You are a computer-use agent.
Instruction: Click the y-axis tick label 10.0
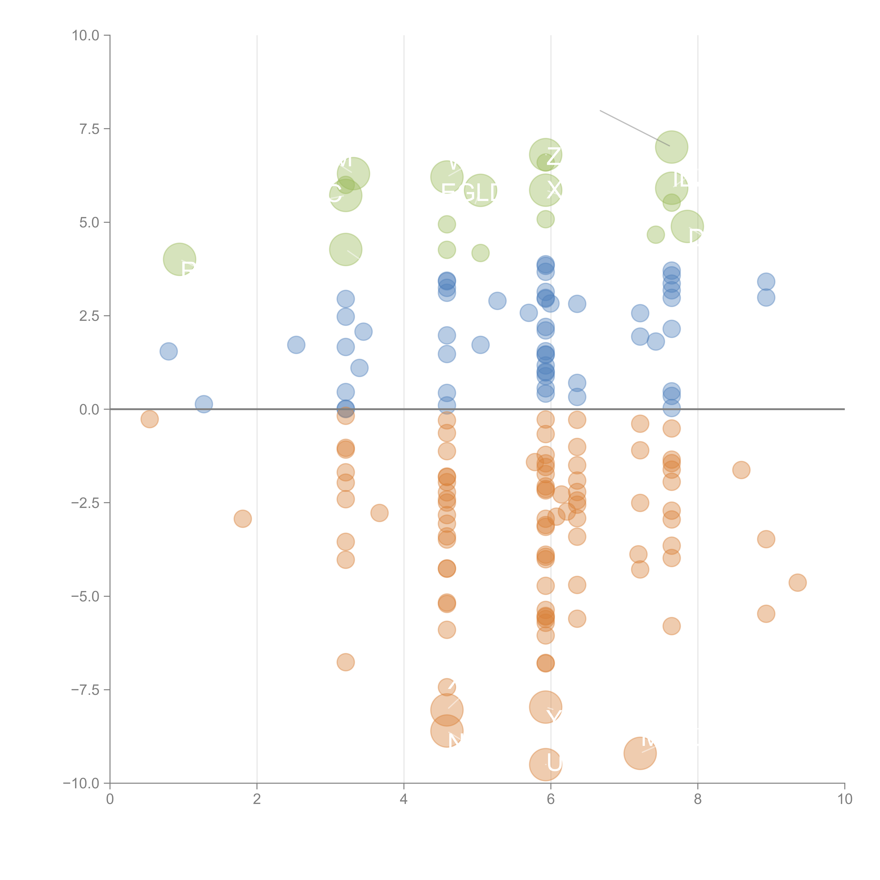click(x=86, y=36)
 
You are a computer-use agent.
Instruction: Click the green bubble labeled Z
click(x=545, y=155)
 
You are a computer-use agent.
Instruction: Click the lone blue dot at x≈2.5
click(x=296, y=345)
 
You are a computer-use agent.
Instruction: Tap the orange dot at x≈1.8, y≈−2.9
click(x=243, y=518)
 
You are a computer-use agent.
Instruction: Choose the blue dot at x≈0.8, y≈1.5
click(x=169, y=351)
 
